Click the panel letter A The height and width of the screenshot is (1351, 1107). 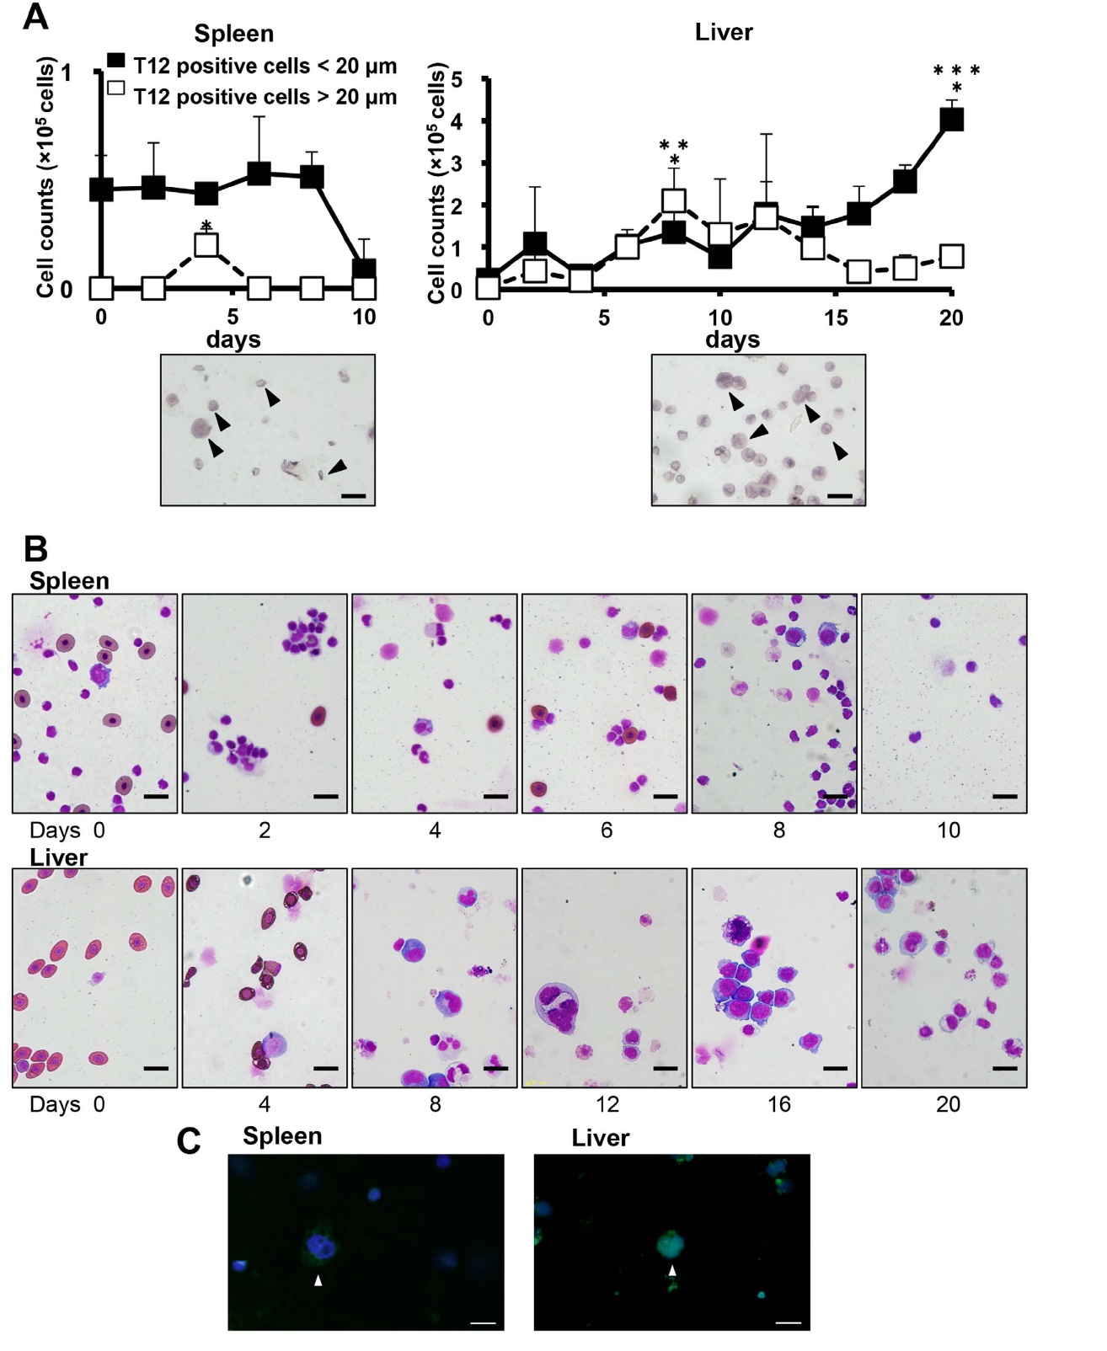[x=35, y=17]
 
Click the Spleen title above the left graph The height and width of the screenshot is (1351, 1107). [x=233, y=34]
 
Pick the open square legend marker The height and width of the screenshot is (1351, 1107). [x=116, y=88]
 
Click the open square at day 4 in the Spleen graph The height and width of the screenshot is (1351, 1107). [x=206, y=244]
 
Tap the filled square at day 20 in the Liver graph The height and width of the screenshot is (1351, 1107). [x=951, y=120]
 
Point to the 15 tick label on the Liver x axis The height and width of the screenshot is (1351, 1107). [x=836, y=318]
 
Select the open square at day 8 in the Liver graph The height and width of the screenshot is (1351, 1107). [x=674, y=200]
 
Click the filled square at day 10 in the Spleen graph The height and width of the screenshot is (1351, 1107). [x=364, y=270]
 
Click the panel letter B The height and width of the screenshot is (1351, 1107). [x=35, y=549]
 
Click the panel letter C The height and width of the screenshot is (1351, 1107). [x=189, y=1142]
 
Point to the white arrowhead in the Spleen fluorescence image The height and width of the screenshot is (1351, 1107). [x=318, y=1280]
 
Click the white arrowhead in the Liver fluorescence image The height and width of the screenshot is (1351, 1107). [x=671, y=1270]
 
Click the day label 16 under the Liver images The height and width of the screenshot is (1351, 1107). [x=778, y=1104]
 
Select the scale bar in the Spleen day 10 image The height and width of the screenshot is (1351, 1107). [x=1005, y=796]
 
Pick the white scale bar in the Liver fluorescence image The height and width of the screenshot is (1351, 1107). [x=788, y=1322]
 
